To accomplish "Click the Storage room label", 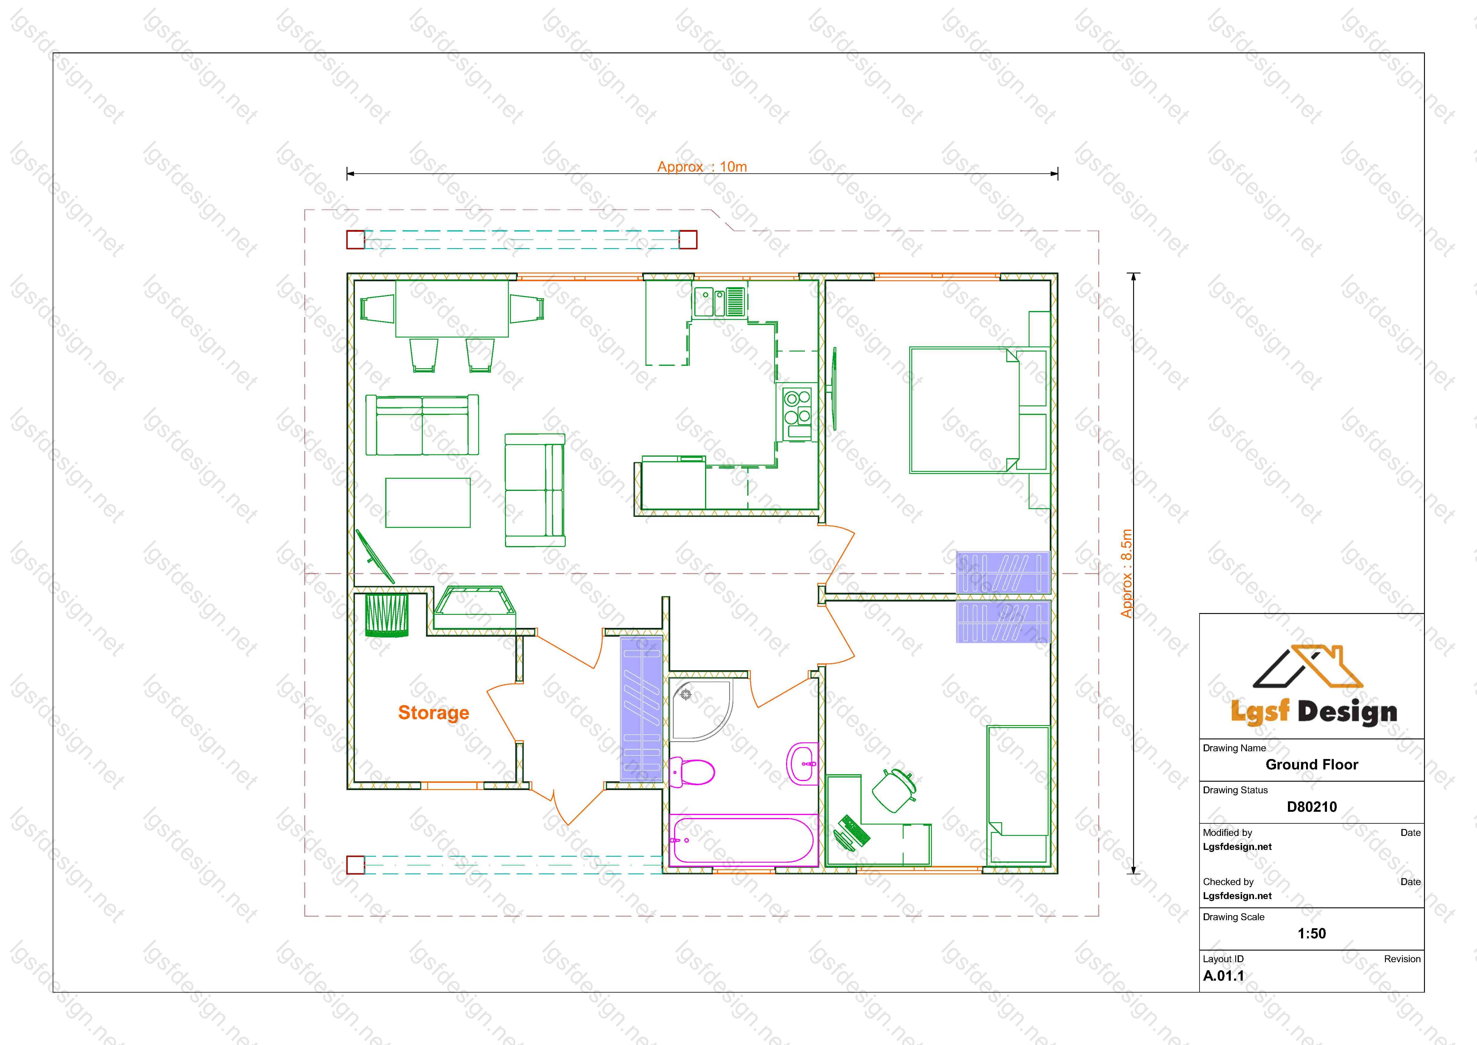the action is click(433, 713).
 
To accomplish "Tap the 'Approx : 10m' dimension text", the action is click(702, 167).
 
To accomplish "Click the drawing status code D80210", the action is click(1312, 807).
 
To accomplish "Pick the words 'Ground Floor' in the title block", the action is click(1312, 764).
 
